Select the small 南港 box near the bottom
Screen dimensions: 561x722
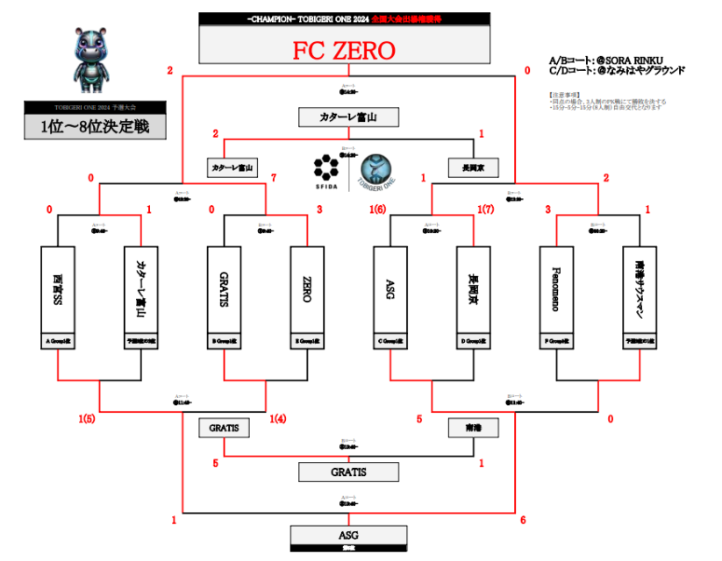click(x=473, y=429)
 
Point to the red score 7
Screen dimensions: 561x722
click(x=275, y=179)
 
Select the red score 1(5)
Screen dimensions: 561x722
click(x=86, y=419)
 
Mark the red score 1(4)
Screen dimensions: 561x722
click(x=279, y=419)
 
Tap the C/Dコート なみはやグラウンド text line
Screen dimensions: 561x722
click(x=617, y=70)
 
